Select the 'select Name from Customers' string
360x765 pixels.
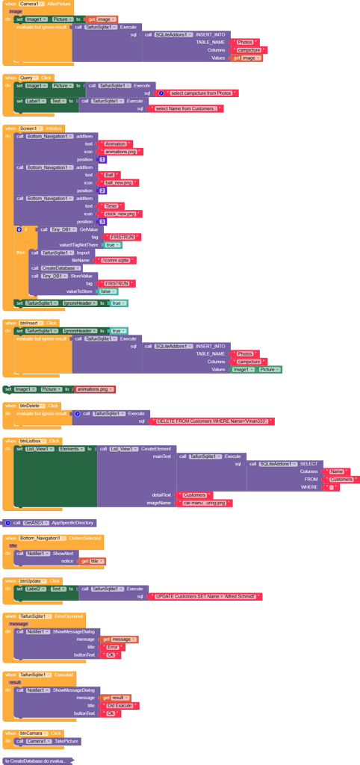point(186,108)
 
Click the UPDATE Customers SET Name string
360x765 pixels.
point(206,596)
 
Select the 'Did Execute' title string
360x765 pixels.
point(120,705)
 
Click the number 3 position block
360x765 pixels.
point(102,222)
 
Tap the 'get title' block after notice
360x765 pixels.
point(93,561)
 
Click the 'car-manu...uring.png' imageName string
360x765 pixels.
point(207,503)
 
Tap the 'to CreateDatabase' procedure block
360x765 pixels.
point(37,760)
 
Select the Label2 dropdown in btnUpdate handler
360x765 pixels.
point(34,589)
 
